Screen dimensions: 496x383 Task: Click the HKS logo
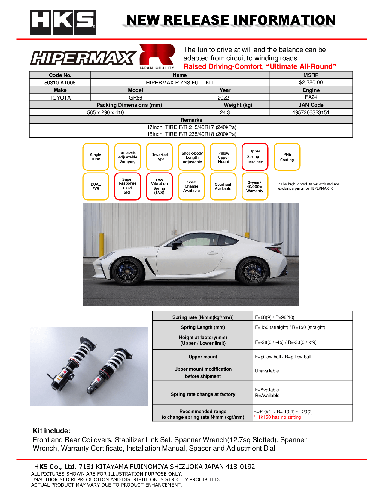(x=63, y=23)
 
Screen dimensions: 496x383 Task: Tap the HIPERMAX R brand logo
(x=103, y=57)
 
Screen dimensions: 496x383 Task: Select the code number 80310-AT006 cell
(x=60, y=83)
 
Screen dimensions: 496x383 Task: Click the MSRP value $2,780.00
(x=311, y=82)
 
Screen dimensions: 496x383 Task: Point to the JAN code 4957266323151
(x=311, y=112)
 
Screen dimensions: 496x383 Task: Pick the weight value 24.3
(x=225, y=112)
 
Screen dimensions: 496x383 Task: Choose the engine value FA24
(x=311, y=97)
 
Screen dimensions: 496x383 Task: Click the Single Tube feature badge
(x=96, y=157)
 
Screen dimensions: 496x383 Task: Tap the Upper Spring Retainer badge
(x=255, y=157)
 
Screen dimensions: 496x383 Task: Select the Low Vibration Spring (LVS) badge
(x=160, y=186)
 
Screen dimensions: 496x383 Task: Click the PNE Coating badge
(x=287, y=157)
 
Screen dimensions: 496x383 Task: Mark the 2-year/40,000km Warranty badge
(x=255, y=186)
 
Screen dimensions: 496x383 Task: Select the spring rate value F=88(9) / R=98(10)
(x=275, y=317)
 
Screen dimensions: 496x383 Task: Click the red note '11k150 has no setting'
(x=277, y=417)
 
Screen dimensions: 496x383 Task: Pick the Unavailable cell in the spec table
(x=267, y=371)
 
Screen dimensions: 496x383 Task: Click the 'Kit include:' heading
(x=52, y=431)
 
